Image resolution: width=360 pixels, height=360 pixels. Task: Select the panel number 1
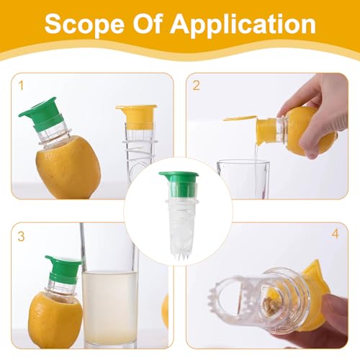[21, 85]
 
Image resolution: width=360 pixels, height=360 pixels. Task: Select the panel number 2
[196, 85]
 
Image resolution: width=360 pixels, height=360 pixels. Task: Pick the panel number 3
[21, 235]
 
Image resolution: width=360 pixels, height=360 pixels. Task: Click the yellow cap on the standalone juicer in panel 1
[136, 115]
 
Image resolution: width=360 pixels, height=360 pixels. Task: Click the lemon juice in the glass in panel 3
[111, 306]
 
